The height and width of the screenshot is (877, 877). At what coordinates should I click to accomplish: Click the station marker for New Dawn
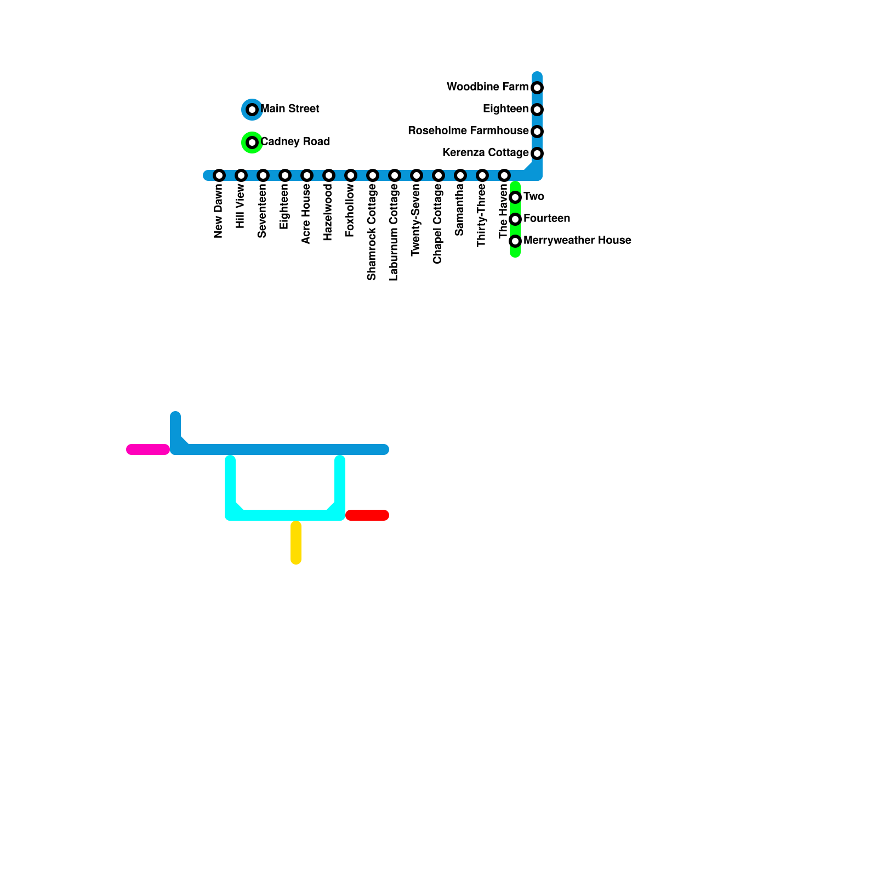pos(219,175)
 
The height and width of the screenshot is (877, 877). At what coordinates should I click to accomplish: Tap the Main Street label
pos(290,109)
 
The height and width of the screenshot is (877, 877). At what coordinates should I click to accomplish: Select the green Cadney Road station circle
pos(252,143)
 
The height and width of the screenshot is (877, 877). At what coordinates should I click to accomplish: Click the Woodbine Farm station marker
pos(537,88)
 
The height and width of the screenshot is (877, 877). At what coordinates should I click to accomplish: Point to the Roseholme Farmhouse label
pos(468,131)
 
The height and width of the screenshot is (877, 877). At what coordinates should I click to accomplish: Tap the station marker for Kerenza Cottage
pos(537,153)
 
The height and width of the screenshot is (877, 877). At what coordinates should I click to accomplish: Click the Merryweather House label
pos(577,241)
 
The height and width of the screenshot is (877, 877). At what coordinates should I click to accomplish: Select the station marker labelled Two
pos(515,197)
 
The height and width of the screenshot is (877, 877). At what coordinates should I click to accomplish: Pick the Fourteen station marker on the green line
pos(515,219)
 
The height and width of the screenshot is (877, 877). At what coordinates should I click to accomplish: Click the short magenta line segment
pos(148,449)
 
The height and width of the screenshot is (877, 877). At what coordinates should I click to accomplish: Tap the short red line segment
pos(367,515)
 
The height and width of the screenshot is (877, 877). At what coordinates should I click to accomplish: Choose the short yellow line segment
pos(296,543)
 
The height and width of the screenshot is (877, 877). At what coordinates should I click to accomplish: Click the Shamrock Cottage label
pos(372,232)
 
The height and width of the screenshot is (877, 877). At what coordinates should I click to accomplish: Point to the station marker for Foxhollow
pos(351,175)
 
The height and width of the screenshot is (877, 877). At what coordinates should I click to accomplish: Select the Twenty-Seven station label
pos(416,220)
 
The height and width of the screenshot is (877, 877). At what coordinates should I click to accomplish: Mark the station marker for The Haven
pos(504,175)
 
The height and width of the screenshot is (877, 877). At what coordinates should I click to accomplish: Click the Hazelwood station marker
pos(329,175)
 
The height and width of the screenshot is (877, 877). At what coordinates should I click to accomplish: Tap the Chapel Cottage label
pos(438,224)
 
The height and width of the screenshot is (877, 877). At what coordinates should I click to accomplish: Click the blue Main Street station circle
pos(252,110)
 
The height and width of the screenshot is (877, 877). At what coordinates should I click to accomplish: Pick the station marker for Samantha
pos(460,175)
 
